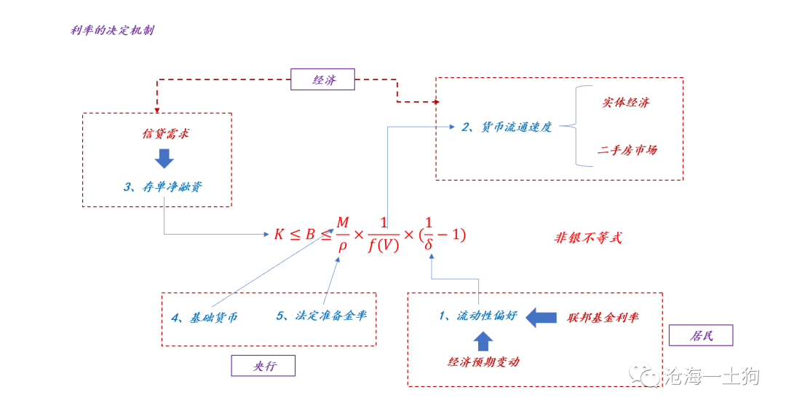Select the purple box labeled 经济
click(x=322, y=79)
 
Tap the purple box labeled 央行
click(x=263, y=366)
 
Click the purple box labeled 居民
click(x=700, y=335)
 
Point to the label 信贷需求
click(x=165, y=135)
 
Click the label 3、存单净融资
click(x=162, y=187)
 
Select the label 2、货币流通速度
click(x=507, y=127)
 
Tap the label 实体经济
click(x=625, y=103)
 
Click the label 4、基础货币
click(x=205, y=317)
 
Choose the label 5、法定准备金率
click(x=321, y=316)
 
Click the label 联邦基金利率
click(x=603, y=318)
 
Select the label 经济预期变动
click(x=483, y=361)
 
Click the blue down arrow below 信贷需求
click(x=164, y=158)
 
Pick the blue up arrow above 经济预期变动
click(x=483, y=340)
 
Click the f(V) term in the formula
click(x=383, y=246)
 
